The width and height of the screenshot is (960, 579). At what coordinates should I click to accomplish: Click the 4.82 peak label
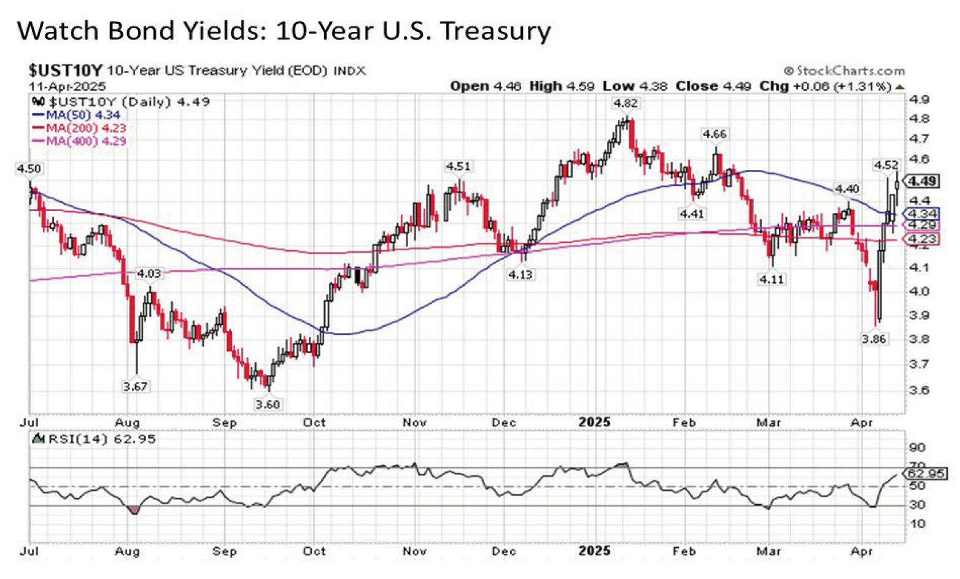point(625,103)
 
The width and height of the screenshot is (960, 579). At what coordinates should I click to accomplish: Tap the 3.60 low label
point(268,404)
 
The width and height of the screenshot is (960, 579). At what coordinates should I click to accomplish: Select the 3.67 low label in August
point(135,386)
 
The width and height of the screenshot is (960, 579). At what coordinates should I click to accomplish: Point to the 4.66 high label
point(714,134)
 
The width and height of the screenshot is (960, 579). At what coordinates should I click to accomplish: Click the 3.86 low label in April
point(873,339)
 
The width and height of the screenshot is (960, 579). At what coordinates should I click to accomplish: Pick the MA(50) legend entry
point(76,115)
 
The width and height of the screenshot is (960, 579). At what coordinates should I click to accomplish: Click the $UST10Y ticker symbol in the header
point(66,70)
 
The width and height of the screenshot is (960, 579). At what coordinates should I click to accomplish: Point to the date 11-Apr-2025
point(68,86)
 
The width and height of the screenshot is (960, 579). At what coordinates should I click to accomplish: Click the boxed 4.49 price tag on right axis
point(923,181)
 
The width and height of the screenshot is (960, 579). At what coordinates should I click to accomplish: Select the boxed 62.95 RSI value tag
point(926,474)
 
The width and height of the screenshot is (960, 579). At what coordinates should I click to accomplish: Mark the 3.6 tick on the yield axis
point(919,390)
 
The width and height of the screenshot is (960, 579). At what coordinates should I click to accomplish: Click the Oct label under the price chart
point(314,423)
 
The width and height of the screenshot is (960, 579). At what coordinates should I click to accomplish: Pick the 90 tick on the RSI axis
point(917,447)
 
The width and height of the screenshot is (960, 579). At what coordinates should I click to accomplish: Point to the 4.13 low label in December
point(520,275)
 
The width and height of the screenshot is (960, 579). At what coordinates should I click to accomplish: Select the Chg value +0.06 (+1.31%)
point(842,86)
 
